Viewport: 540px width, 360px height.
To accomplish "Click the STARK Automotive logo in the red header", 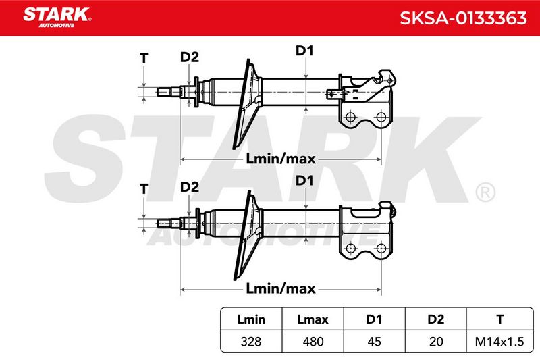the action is (57, 18).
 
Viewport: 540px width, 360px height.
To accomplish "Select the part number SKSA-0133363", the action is (463, 18).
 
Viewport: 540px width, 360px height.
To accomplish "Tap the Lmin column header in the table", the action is (251, 319).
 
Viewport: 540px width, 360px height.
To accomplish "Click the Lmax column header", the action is (313, 319).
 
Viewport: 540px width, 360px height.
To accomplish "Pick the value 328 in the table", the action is (251, 342).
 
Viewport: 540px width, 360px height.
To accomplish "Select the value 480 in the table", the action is (313, 342).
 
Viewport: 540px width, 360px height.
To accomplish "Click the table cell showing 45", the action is (374, 342).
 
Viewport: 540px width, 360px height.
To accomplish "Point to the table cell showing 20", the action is (436, 342).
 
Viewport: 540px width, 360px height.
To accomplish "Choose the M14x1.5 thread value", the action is (500, 342).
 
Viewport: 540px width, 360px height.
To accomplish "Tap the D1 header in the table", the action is (374, 319).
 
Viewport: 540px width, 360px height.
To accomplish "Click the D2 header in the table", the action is (436, 319).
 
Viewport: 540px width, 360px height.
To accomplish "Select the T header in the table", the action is (500, 319).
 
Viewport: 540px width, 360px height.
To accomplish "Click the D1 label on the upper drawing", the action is (304, 51).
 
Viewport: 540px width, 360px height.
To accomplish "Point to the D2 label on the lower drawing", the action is (190, 187).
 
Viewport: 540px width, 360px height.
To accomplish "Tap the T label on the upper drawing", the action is (144, 58).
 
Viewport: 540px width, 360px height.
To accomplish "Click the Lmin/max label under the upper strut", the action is (281, 159).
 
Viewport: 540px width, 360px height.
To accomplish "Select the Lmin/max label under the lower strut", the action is (281, 288).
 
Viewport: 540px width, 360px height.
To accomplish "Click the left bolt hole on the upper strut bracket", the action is (350, 117).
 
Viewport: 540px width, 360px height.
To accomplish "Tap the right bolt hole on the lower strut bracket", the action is (381, 248).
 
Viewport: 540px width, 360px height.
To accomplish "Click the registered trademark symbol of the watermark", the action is (485, 192).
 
